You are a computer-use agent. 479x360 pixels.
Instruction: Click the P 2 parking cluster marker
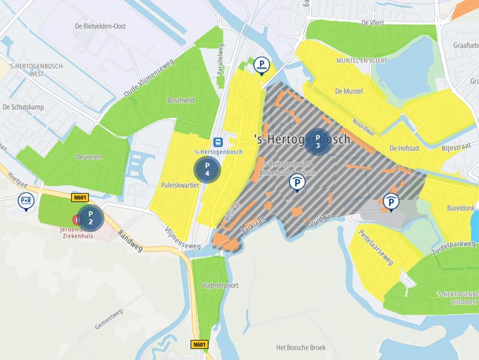click(x=91, y=217)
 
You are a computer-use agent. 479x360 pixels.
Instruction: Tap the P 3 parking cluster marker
click(x=318, y=142)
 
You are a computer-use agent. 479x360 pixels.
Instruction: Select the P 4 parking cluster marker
click(x=207, y=169)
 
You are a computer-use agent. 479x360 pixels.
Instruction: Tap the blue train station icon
click(x=218, y=142)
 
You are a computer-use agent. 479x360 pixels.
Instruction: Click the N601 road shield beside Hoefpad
click(x=79, y=197)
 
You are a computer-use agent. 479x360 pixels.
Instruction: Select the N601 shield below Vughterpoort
click(x=199, y=344)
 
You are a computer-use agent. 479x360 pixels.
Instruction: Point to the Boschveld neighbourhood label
click(x=180, y=101)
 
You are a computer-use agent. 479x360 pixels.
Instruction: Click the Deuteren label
click(x=89, y=157)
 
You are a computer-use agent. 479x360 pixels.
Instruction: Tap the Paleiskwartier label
click(x=180, y=185)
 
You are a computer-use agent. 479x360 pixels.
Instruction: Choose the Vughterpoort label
click(x=220, y=286)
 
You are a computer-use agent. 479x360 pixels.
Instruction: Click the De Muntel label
click(x=349, y=92)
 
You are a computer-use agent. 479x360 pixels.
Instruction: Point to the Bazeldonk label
click(x=460, y=208)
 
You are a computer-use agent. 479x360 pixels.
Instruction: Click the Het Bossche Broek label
click(x=301, y=347)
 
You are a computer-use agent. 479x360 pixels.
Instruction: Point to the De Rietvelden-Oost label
click(x=100, y=26)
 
